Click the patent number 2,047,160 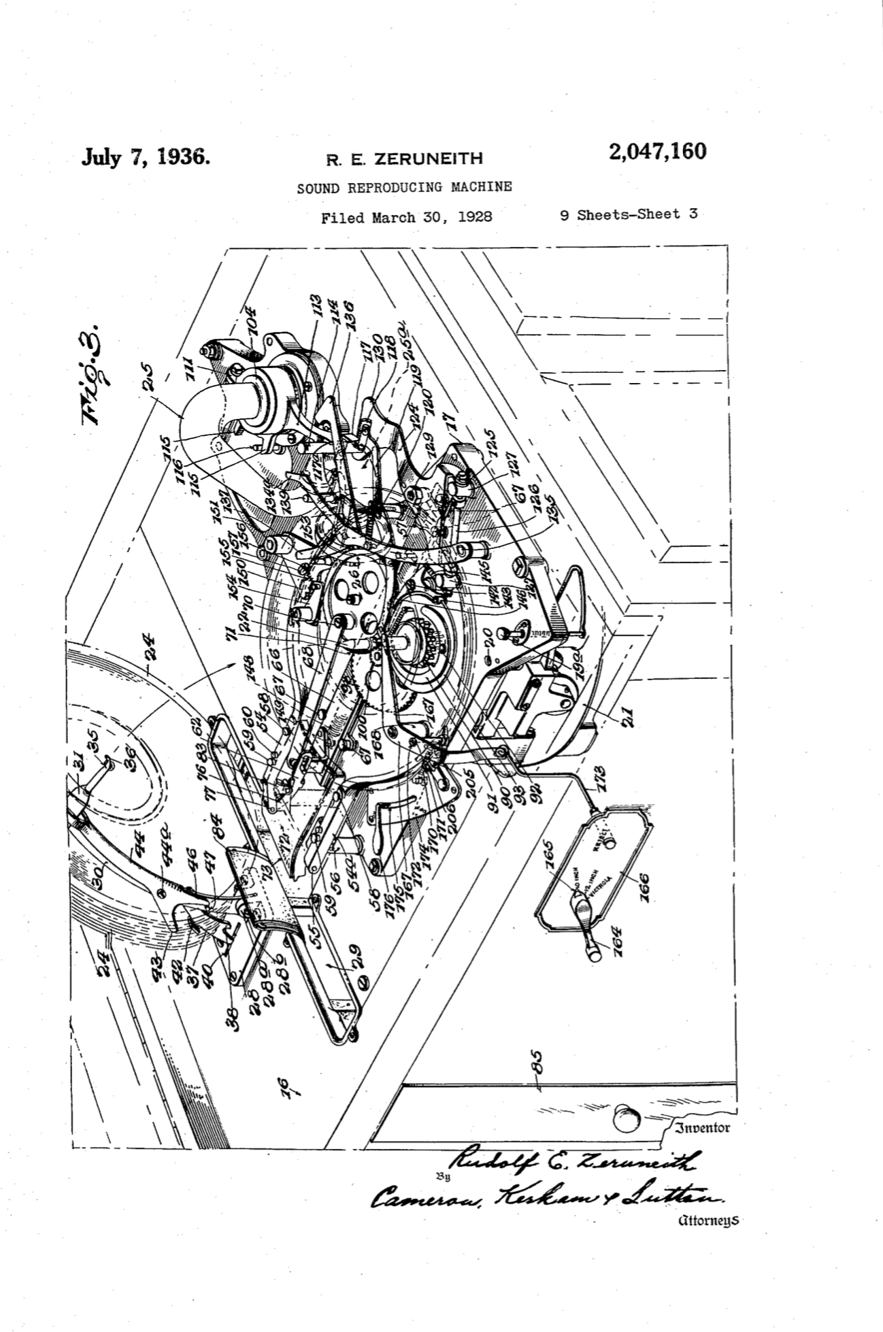657,151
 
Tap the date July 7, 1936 145,157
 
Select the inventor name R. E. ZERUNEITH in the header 404,159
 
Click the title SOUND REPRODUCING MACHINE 404,187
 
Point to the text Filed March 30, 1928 406,218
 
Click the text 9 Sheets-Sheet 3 628,214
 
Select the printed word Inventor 702,1128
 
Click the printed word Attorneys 707,1220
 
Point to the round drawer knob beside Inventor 626,1119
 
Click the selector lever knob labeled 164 594,952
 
